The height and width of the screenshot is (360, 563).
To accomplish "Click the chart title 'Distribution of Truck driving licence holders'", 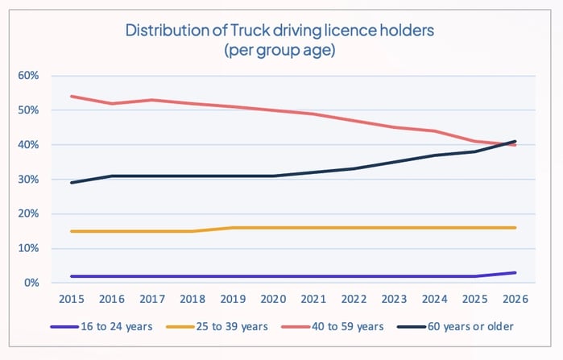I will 281,31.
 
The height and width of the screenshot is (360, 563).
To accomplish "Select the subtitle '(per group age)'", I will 281,50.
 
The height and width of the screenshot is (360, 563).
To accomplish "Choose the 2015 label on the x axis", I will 72,299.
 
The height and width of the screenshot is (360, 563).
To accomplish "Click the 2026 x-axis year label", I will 515,299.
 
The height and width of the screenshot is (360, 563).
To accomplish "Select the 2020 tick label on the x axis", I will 274,299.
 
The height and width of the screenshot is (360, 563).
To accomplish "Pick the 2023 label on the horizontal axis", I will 395,299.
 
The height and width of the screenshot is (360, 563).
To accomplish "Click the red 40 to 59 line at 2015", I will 72,97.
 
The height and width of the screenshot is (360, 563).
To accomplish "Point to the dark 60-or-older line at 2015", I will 72,183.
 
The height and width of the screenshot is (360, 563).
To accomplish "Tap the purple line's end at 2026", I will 515,272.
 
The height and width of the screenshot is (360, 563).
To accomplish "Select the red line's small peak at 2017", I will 153,100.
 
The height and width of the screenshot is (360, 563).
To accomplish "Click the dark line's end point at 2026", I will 515,142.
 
